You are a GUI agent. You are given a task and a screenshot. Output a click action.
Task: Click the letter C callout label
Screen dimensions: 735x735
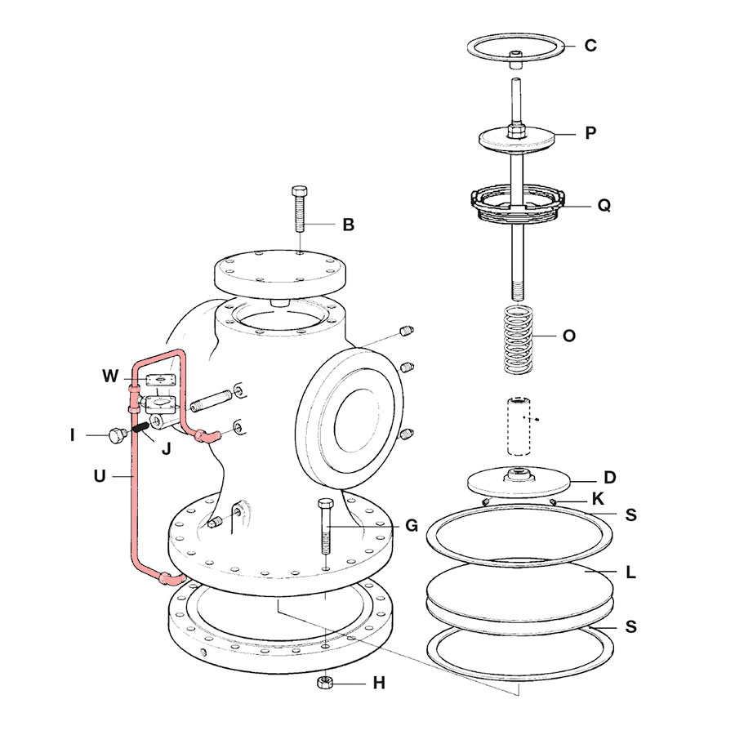(590, 46)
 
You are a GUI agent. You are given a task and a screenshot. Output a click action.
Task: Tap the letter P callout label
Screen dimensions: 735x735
(590, 133)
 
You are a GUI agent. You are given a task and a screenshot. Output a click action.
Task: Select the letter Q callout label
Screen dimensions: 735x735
(604, 206)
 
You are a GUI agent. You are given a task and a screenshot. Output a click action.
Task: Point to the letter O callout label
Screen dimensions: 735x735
(569, 336)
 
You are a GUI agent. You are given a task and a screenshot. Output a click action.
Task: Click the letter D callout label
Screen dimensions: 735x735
(609, 477)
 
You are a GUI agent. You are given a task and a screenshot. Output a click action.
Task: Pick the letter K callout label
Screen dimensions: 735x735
(598, 497)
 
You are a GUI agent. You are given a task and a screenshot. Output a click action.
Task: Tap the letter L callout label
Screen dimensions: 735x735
(630, 572)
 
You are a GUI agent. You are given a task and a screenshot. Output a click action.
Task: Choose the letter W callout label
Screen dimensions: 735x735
(110, 376)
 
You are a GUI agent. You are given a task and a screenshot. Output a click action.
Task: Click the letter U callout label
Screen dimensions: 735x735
(100, 474)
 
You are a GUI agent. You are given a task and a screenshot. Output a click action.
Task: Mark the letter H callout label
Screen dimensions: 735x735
(379, 683)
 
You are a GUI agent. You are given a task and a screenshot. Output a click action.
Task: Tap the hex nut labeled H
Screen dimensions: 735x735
(325, 682)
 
